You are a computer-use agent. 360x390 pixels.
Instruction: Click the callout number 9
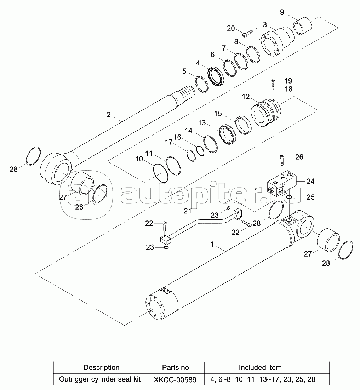click(x=282, y=12)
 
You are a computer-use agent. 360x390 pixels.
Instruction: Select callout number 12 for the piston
click(x=246, y=97)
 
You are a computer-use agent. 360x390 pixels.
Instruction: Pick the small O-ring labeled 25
click(x=289, y=197)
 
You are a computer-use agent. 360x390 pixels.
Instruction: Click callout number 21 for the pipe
click(x=187, y=211)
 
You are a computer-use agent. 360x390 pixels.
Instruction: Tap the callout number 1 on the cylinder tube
click(x=212, y=244)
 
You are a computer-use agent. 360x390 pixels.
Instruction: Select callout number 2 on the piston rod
click(x=109, y=114)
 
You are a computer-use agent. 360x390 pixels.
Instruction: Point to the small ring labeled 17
click(x=191, y=155)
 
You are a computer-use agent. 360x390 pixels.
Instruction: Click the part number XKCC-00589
click(x=175, y=379)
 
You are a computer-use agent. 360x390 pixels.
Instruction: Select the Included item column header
click(x=260, y=367)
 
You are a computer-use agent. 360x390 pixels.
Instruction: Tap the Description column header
click(x=101, y=367)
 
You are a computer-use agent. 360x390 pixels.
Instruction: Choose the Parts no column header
click(x=175, y=367)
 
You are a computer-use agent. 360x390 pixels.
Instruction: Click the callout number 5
click(x=184, y=71)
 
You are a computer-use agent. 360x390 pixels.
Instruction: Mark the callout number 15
click(x=218, y=114)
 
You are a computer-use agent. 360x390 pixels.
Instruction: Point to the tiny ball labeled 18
click(x=274, y=90)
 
